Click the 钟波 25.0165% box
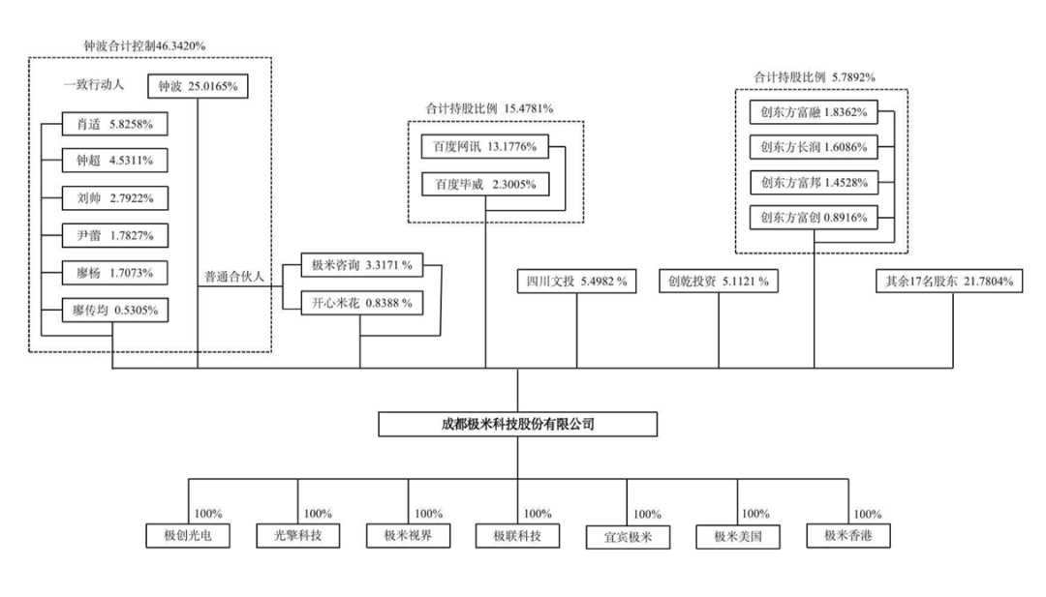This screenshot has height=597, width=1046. pos(198,87)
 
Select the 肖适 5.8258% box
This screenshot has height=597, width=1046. pos(114,124)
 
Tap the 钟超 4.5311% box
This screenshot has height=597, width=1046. pos(114,161)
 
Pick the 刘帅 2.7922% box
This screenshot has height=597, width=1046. pos(114,198)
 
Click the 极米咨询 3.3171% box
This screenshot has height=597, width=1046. pos(360,264)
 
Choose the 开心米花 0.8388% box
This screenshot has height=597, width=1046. pos(360,303)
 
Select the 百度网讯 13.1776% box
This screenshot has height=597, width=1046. pos(485,146)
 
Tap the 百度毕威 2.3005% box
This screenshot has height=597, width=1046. pos(485,184)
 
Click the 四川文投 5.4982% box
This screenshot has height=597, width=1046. pos(576,282)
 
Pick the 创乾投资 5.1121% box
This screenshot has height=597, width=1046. pos(719,282)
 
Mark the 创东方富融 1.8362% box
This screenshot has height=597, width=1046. pos(814,112)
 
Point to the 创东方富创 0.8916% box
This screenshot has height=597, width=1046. pos(814,218)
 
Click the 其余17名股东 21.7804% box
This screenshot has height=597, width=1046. pos(949,282)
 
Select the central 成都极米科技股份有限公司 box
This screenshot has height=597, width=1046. pos(517,424)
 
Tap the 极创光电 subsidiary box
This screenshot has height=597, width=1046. pos(188,535)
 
